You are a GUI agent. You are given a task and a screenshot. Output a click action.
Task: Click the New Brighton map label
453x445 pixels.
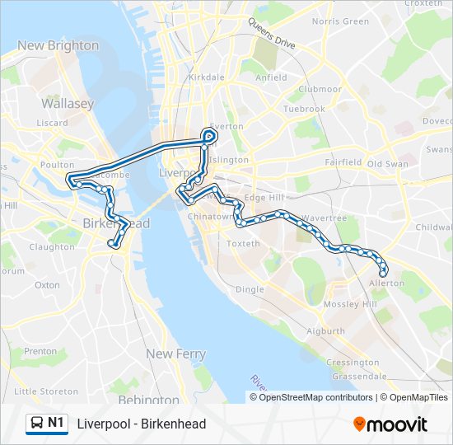click(x=58, y=45)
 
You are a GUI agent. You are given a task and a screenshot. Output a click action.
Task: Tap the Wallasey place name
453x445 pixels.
click(x=68, y=104)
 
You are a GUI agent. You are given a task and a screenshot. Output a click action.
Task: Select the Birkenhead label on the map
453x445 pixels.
click(x=116, y=223)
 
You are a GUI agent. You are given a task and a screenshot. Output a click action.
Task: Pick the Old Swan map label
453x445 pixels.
click(x=387, y=163)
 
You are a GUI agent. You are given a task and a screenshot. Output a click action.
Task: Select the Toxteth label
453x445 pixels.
click(x=243, y=243)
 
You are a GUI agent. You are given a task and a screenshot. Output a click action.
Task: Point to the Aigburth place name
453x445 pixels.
click(x=325, y=331)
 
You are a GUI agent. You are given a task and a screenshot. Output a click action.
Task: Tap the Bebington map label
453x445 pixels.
click(x=149, y=400)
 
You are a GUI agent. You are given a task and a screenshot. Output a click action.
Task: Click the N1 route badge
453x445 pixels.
click(x=47, y=424)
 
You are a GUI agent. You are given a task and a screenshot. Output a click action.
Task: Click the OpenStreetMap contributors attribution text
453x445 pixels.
click(x=313, y=397)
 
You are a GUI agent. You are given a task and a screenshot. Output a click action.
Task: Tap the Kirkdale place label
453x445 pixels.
click(x=206, y=77)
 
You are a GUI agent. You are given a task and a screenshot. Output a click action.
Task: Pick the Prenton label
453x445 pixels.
click(x=40, y=351)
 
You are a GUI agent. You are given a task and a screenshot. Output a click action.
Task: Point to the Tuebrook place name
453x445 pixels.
click(x=304, y=109)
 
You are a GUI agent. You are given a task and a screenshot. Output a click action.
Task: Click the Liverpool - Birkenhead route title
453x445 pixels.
click(x=141, y=424)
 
